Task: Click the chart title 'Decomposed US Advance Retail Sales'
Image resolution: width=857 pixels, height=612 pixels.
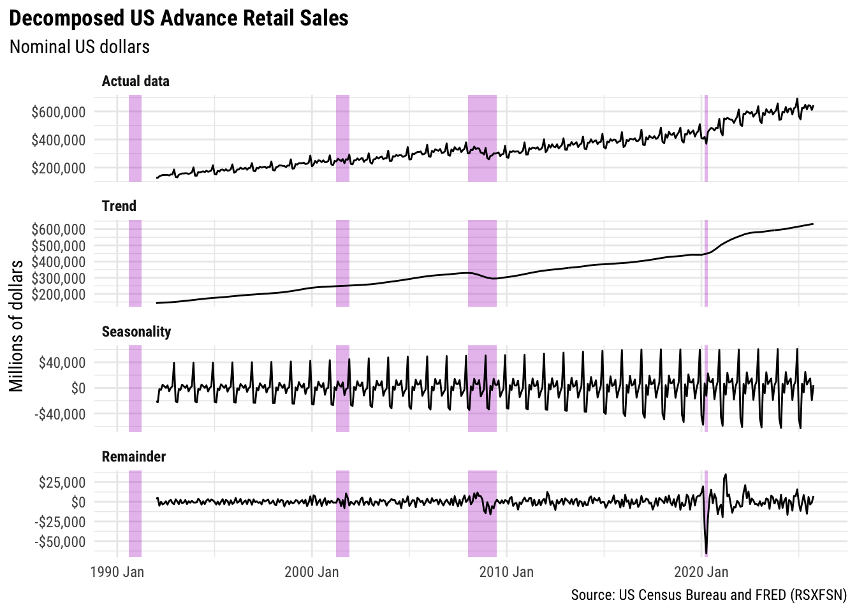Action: [x=179, y=18]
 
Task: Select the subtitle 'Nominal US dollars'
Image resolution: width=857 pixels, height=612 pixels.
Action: [x=80, y=47]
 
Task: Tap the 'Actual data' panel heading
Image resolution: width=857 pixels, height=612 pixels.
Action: [x=136, y=81]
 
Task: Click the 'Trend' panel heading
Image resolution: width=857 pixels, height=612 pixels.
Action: [x=119, y=206]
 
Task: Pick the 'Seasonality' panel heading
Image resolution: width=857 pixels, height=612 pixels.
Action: [x=136, y=331]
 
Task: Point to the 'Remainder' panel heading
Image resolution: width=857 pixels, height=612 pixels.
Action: [x=134, y=456]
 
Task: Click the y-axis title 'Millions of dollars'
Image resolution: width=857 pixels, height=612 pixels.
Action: [x=17, y=325]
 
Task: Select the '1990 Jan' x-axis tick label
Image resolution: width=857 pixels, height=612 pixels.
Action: [x=117, y=571]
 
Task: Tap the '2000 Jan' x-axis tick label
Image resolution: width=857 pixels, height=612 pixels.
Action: [x=312, y=571]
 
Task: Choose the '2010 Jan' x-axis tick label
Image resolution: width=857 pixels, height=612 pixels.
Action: [x=506, y=571]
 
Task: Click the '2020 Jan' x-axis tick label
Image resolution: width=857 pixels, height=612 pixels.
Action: [x=701, y=571]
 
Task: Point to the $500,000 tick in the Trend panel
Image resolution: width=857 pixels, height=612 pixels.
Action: [x=58, y=245]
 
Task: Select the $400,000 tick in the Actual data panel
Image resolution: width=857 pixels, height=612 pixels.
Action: [x=58, y=140]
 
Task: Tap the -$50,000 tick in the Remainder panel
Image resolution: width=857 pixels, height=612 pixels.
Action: [x=60, y=542]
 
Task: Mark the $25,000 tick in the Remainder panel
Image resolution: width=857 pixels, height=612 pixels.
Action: [x=62, y=482]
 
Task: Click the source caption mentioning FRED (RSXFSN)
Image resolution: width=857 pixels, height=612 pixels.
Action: [x=708, y=595]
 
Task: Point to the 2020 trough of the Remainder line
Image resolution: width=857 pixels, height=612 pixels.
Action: [x=706, y=553]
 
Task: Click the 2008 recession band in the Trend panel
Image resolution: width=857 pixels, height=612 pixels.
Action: [x=482, y=263]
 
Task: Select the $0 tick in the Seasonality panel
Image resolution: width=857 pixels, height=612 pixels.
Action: [x=78, y=388]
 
